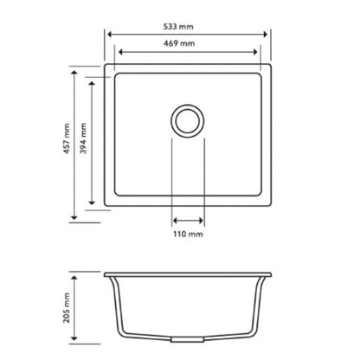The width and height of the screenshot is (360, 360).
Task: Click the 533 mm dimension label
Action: pyautogui.click(x=188, y=25)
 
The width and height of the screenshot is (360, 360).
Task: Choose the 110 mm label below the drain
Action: pyautogui.click(x=189, y=234)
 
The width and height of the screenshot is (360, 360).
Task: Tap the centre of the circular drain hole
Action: pyautogui.click(x=188, y=119)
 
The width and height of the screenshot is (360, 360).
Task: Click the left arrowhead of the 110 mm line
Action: pyautogui.click(x=174, y=220)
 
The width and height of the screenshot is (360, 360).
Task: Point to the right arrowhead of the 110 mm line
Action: pyautogui.click(x=202, y=220)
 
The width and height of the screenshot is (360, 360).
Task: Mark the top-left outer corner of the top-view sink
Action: pyautogui.click(x=105, y=62)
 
